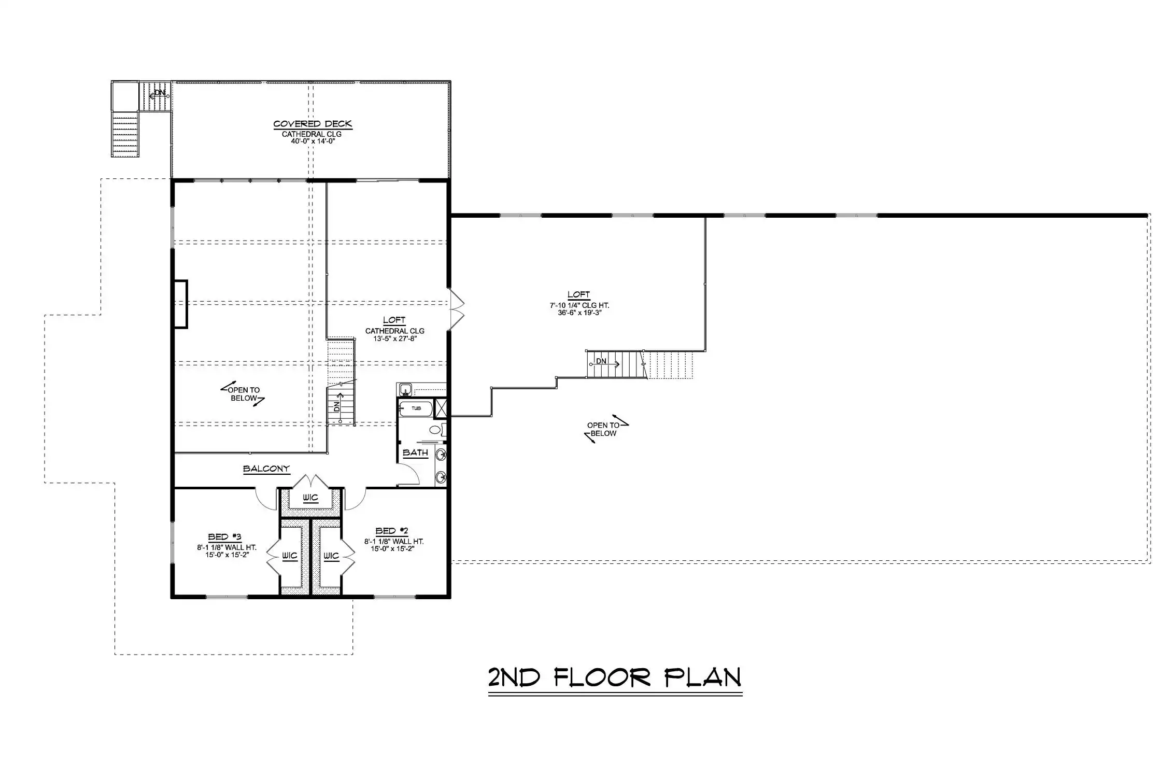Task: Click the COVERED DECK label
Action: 313,124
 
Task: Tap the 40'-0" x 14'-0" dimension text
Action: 312,141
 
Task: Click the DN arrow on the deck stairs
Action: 158,94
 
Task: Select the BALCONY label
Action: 266,469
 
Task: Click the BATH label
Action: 415,453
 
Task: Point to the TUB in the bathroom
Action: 416,408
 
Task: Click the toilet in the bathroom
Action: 437,429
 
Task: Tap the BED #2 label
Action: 392,531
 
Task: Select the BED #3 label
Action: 225,536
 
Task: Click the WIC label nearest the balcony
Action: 310,498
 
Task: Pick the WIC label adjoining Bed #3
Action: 289,556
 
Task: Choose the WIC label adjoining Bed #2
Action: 331,556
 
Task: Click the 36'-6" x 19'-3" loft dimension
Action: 579,313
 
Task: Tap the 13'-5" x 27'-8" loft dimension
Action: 395,338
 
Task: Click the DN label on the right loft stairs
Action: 601,361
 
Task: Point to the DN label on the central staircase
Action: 337,406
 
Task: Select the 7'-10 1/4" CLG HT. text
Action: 579,305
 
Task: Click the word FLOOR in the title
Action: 602,677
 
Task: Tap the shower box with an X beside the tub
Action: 440,408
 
